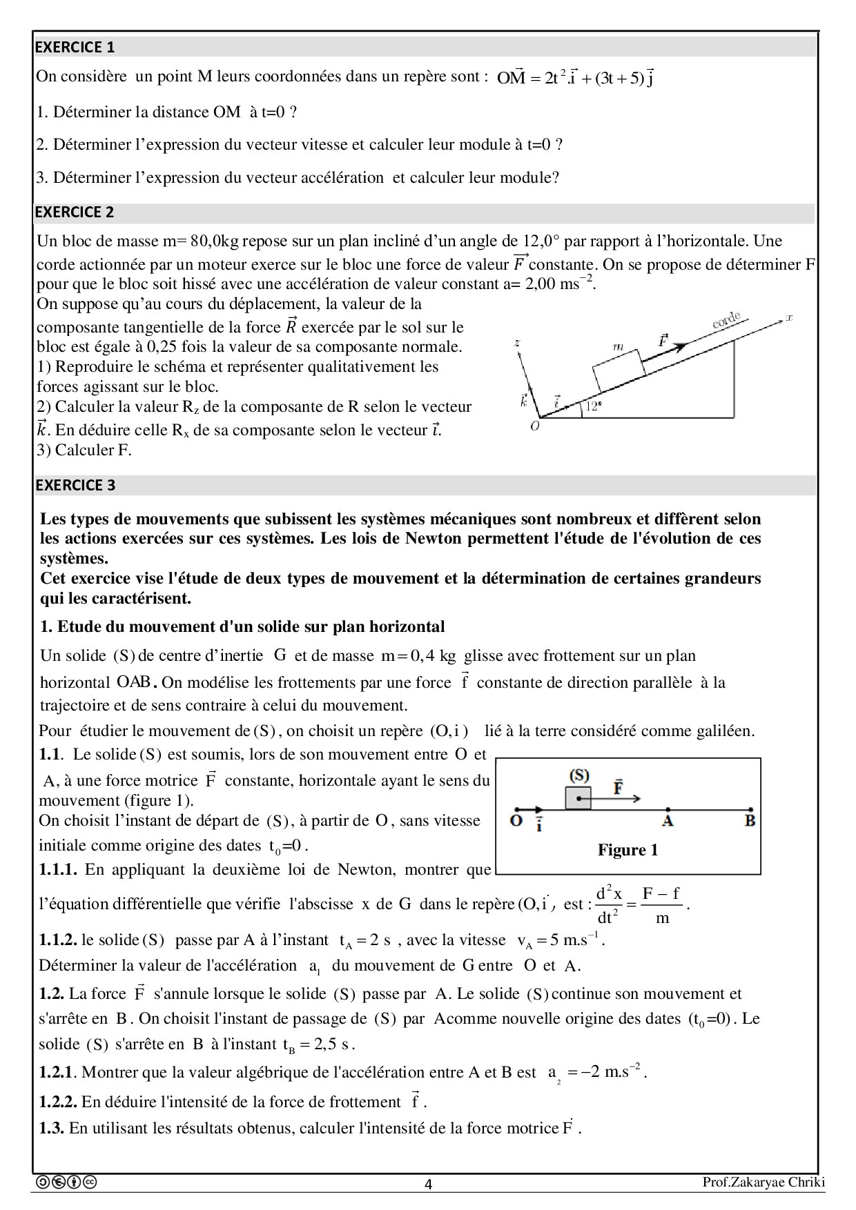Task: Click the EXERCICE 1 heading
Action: point(75,47)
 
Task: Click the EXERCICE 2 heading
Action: point(75,212)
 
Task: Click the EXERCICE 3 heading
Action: point(75,485)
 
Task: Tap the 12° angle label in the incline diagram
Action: point(593,406)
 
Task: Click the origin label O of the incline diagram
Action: point(534,426)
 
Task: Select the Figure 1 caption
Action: point(628,850)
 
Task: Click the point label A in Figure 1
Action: point(667,821)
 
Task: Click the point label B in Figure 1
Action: point(750,821)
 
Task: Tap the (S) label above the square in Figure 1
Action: point(578,775)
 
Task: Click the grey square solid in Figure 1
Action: point(578,797)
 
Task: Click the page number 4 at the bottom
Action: point(428,1184)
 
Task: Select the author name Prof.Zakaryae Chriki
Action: point(763,1182)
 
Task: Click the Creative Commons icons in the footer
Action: point(66,1182)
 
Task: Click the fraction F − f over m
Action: point(661,905)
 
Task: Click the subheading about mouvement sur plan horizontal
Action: point(242,626)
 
